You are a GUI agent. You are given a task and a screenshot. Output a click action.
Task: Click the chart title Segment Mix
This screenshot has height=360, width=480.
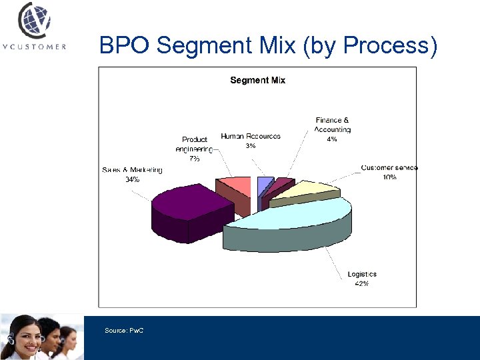[257, 80]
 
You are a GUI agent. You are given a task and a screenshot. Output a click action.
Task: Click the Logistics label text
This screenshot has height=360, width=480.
[362, 274]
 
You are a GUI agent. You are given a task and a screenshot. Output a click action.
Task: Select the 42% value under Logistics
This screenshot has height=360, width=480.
[362, 283]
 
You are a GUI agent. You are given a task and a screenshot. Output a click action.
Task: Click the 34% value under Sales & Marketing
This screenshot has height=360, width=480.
[132, 180]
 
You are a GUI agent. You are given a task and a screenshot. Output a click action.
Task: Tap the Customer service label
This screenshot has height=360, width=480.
[389, 167]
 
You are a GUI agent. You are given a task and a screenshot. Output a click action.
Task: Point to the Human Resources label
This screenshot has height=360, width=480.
[251, 136]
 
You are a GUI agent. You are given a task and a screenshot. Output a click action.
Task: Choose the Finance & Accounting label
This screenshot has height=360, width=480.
[332, 125]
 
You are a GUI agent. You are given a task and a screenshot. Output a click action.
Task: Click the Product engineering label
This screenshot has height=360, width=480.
[195, 145]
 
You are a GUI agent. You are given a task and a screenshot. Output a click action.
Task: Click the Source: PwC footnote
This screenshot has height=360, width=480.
[124, 331]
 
